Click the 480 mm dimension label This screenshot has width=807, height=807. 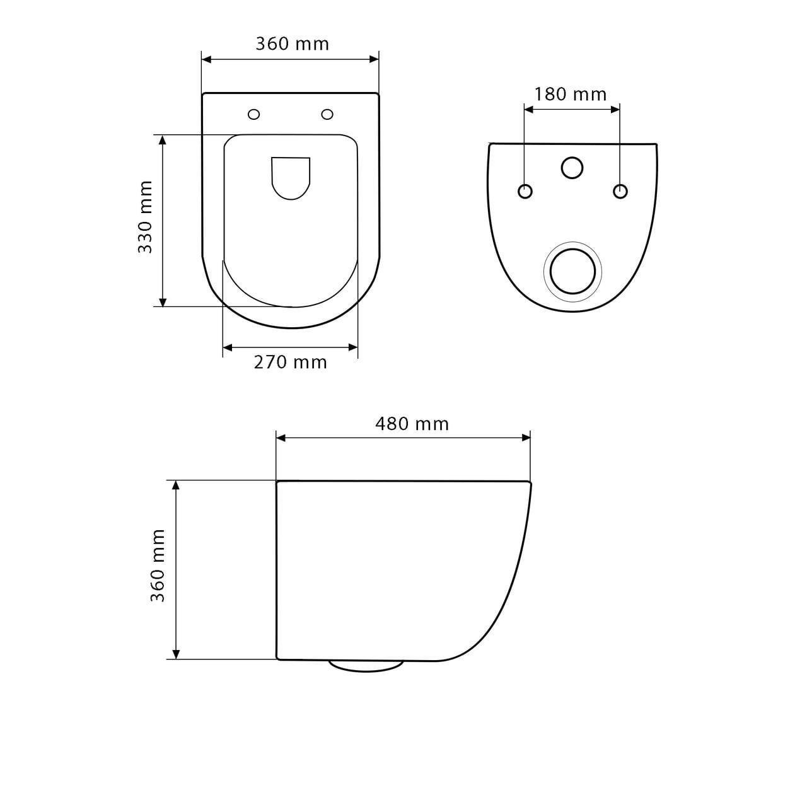click(x=412, y=424)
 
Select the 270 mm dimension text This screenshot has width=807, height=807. click(x=290, y=363)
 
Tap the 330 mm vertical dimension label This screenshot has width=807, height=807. click(x=145, y=217)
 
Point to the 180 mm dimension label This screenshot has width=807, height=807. click(x=570, y=94)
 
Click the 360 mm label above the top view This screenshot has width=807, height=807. click(x=293, y=44)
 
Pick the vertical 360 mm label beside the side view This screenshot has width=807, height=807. click(x=158, y=566)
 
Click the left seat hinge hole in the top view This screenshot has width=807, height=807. click(x=254, y=114)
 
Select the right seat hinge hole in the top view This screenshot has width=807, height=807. click(x=327, y=114)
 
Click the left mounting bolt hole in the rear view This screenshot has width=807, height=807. click(x=525, y=191)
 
